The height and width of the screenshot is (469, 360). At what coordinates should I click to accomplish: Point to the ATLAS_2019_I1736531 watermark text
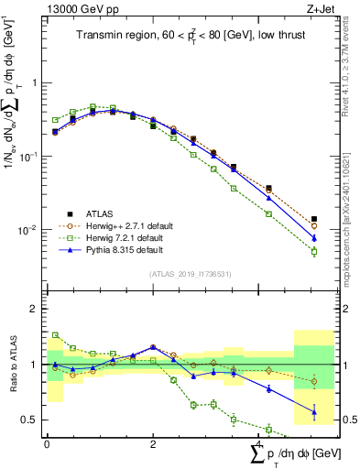(x=183, y=274)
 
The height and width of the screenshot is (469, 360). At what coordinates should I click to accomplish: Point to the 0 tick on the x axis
(x=47, y=442)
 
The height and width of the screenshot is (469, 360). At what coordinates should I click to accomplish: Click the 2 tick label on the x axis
(x=152, y=442)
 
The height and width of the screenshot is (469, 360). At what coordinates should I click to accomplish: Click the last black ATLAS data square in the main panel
(x=314, y=219)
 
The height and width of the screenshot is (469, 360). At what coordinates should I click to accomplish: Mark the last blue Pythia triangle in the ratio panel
(x=314, y=411)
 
